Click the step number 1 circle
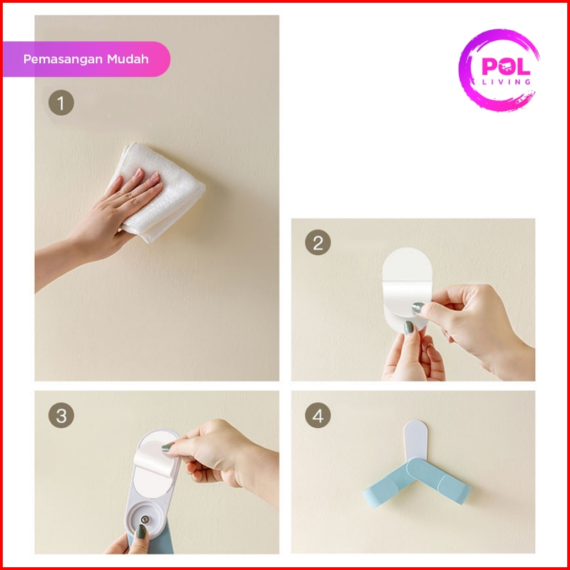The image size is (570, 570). pos(61,103)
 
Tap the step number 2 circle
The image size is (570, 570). pos(318,243)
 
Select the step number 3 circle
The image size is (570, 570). pos(61,415)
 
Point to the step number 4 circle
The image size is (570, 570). pos(318,415)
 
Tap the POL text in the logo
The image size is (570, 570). pos(506,67)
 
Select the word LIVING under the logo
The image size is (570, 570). pos(507,82)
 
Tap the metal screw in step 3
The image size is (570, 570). pos(145,519)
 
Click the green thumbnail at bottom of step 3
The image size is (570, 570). pos(141,532)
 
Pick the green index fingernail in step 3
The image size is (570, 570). pos(167,448)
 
